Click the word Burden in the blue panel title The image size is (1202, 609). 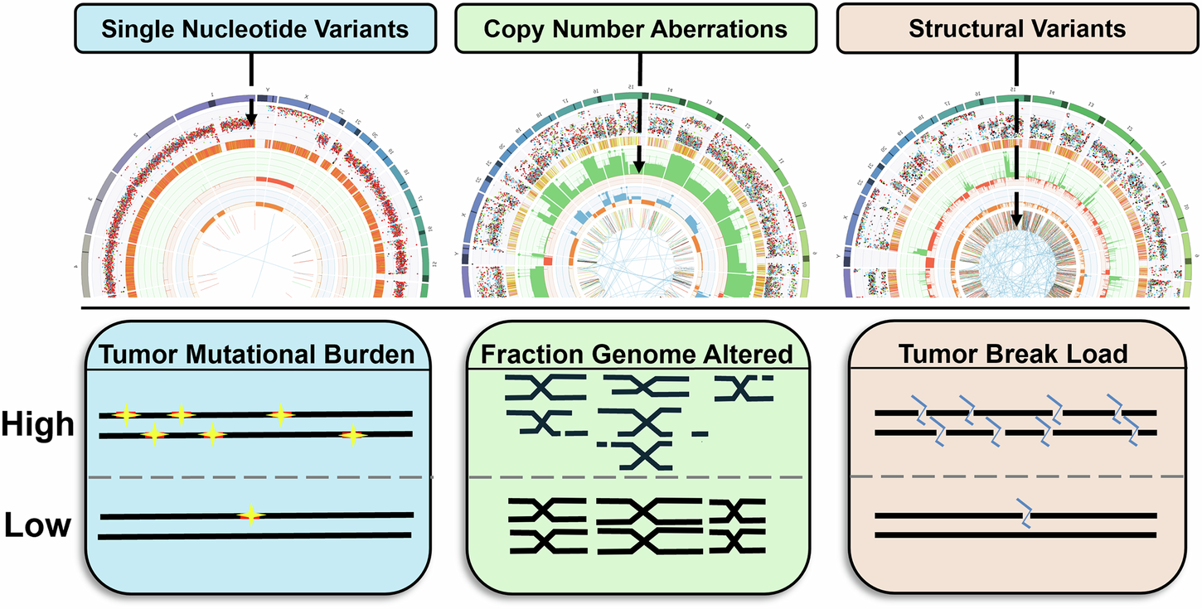click(x=378, y=355)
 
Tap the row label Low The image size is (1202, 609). click(x=38, y=525)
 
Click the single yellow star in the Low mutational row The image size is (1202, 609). click(x=250, y=515)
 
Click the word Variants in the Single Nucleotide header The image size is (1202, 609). click(x=366, y=30)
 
